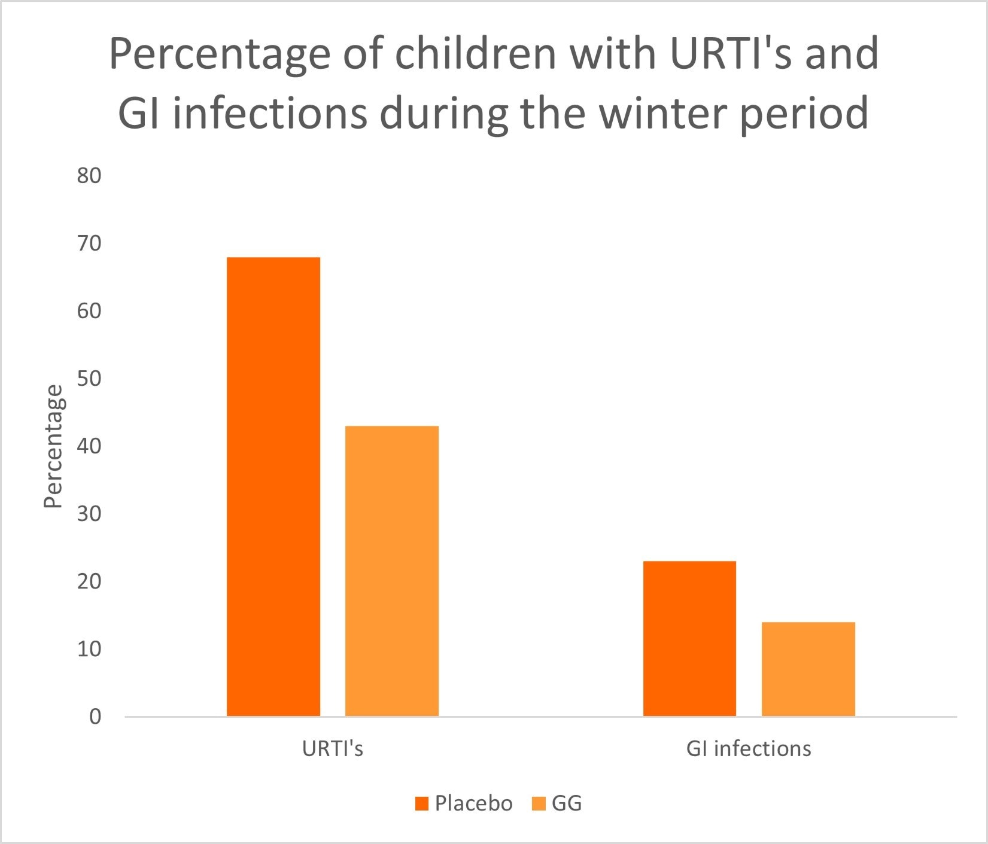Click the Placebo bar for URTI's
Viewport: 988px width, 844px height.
(x=273, y=486)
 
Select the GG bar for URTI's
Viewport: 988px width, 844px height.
(x=392, y=571)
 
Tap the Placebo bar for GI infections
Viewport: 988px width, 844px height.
(x=689, y=638)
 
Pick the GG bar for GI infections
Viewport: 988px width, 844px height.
(x=808, y=669)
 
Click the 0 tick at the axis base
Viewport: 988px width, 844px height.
(x=95, y=717)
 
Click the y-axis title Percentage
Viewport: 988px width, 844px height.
(x=54, y=446)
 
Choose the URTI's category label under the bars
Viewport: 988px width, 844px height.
(x=333, y=749)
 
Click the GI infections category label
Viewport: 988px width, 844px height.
(x=749, y=749)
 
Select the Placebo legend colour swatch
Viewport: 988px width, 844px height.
(x=422, y=804)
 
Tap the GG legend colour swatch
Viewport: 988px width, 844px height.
(x=539, y=804)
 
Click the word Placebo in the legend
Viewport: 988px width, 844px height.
(x=473, y=803)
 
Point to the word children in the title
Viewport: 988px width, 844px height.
(x=476, y=54)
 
